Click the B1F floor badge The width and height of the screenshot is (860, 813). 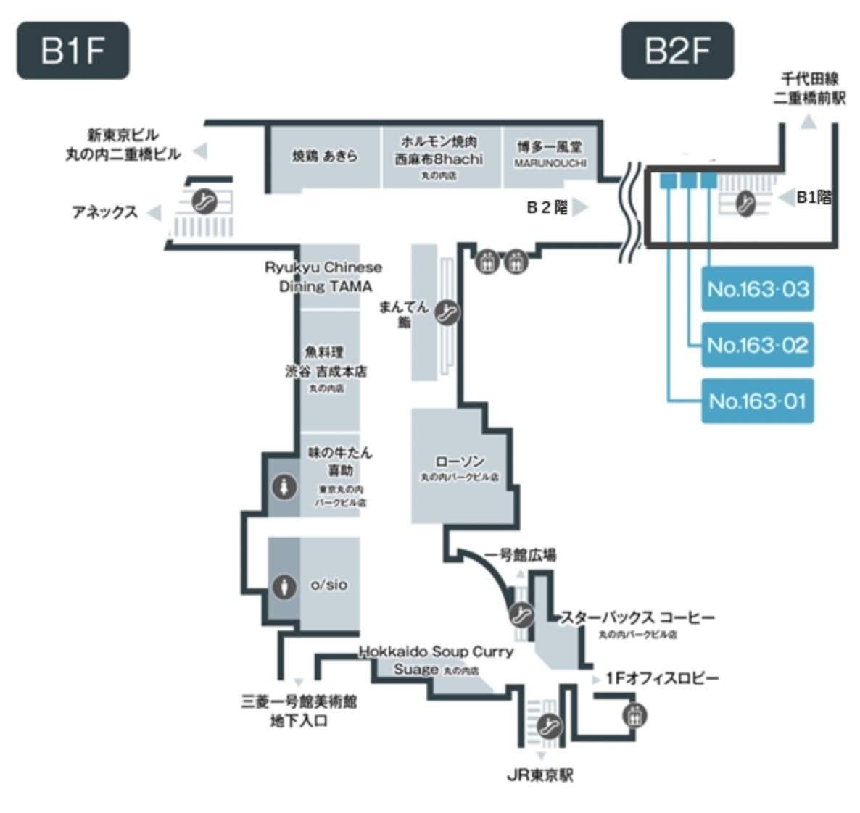(x=73, y=51)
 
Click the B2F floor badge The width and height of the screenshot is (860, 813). (x=677, y=51)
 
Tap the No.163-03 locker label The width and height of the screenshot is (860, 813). (x=757, y=289)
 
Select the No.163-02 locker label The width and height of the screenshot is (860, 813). (x=757, y=345)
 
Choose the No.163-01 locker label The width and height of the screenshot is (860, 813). (x=757, y=401)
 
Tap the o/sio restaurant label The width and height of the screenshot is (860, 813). (x=328, y=584)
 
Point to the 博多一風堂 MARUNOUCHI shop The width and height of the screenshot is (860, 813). (x=550, y=154)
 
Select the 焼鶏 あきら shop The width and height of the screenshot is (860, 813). (x=325, y=155)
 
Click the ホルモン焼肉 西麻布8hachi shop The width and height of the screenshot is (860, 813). (x=439, y=154)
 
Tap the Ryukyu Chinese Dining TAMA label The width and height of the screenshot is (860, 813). (x=323, y=277)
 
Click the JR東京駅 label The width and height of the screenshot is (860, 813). (x=539, y=775)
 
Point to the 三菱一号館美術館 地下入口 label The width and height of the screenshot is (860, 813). (x=299, y=711)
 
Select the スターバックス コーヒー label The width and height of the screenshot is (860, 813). (x=637, y=618)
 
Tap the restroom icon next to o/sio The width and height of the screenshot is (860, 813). (x=284, y=585)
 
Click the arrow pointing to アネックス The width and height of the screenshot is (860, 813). (x=153, y=212)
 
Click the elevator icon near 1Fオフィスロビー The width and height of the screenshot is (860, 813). (x=634, y=716)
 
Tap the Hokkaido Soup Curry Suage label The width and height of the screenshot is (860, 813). (x=435, y=659)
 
